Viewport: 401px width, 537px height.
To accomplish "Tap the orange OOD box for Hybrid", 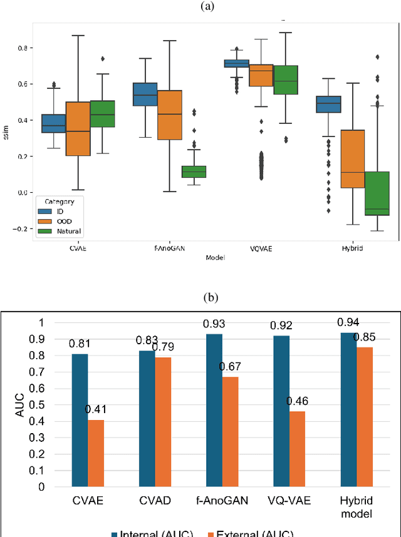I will (x=352, y=159).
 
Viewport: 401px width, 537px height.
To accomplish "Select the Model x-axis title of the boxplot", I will (x=216, y=257).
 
